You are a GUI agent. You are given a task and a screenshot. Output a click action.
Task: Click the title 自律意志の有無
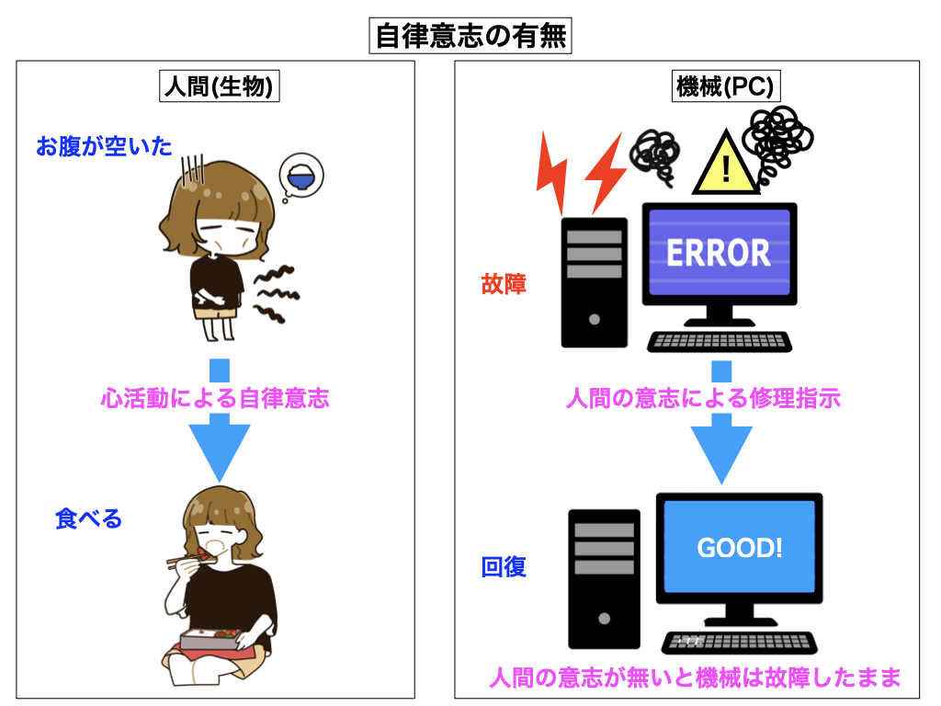(x=470, y=37)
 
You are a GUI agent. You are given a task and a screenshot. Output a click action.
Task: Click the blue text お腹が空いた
(x=104, y=145)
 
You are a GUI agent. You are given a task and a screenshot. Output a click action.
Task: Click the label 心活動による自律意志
(x=215, y=399)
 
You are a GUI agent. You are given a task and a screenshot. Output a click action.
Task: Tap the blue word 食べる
(x=88, y=518)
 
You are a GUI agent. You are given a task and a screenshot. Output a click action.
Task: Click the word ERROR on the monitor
(x=718, y=252)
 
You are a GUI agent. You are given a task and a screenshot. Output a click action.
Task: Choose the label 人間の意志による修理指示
(x=703, y=399)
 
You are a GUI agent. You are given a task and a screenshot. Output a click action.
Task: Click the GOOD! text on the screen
(x=740, y=549)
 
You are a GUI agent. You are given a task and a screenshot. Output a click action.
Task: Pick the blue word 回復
(x=504, y=567)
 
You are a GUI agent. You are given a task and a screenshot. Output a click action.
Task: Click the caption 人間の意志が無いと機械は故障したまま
(x=694, y=678)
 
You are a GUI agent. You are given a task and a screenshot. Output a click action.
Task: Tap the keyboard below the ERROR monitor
(x=719, y=341)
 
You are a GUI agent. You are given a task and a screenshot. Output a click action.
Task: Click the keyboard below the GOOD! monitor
(x=738, y=642)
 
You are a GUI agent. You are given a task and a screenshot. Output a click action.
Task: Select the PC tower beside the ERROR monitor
(x=594, y=283)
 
